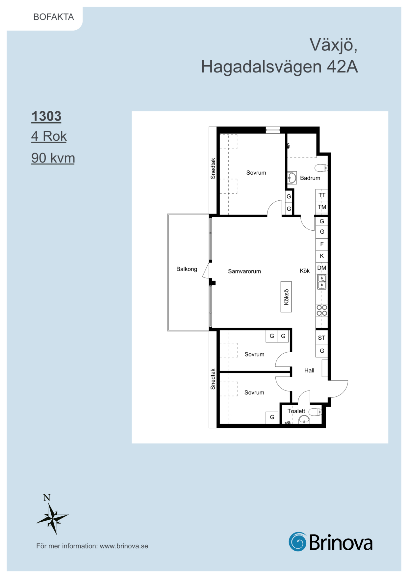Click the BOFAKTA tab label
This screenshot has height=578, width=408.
[54, 17]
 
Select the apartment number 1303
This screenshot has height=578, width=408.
[46, 116]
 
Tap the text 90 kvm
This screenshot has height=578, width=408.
[53, 158]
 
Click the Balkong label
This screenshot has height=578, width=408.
[187, 269]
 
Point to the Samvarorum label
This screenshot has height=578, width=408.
[244, 271]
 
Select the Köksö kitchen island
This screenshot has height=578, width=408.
[286, 297]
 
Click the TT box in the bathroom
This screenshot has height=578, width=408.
[322, 195]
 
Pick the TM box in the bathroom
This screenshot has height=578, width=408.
[322, 207]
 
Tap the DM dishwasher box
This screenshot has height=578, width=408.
[322, 268]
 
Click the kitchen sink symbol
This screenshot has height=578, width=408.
[322, 282]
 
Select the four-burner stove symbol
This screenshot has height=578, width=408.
[322, 310]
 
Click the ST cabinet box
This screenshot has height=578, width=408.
[322, 338]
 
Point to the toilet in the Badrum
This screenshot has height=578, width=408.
[321, 168]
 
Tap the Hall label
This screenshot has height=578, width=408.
[309, 370]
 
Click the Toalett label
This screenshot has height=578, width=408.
[296, 411]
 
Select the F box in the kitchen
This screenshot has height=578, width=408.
[322, 244]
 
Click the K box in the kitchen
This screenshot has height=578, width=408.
[322, 256]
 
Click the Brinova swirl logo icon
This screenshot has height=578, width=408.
[298, 541]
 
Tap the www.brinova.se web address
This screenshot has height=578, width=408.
[124, 546]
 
